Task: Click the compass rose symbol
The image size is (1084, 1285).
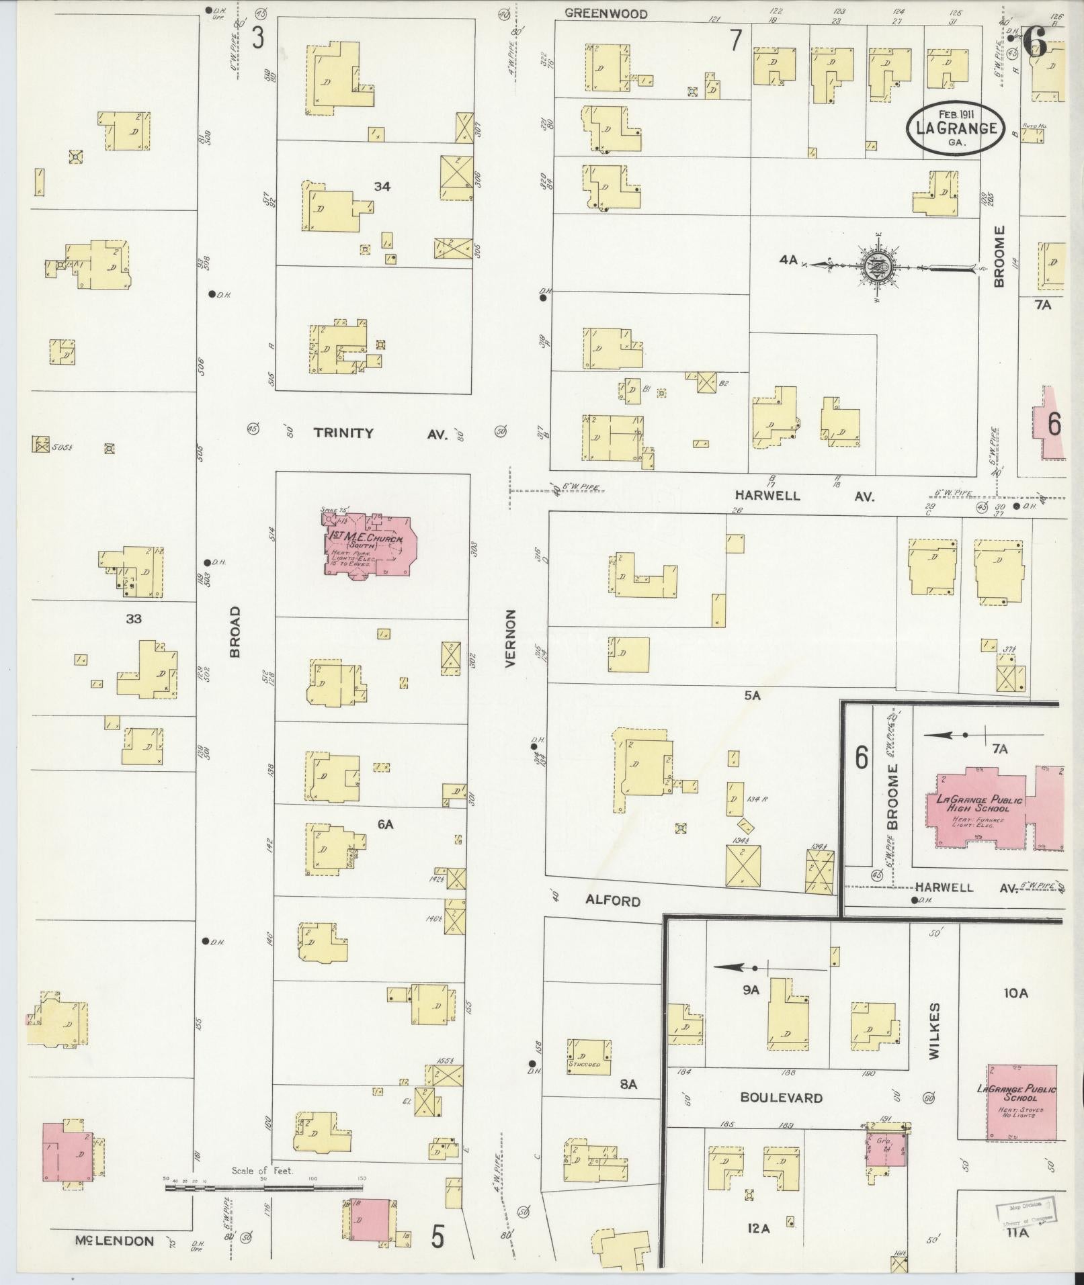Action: pyautogui.click(x=878, y=267)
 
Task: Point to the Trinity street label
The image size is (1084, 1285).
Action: pyautogui.click(x=343, y=433)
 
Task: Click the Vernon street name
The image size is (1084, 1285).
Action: pyautogui.click(x=510, y=638)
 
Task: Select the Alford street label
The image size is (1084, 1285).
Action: pyautogui.click(x=612, y=900)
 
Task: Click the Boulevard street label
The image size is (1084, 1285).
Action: pyautogui.click(x=781, y=1097)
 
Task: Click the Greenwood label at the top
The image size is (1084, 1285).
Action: pyautogui.click(x=606, y=13)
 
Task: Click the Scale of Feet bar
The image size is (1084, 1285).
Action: pyautogui.click(x=265, y=1187)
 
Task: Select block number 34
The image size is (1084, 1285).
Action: pyautogui.click(x=382, y=186)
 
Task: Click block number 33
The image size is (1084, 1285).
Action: pyautogui.click(x=134, y=618)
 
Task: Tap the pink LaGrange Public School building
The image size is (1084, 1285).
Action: pyautogui.click(x=1021, y=1102)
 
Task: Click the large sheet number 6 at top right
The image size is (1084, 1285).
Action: pyautogui.click(x=1035, y=42)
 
